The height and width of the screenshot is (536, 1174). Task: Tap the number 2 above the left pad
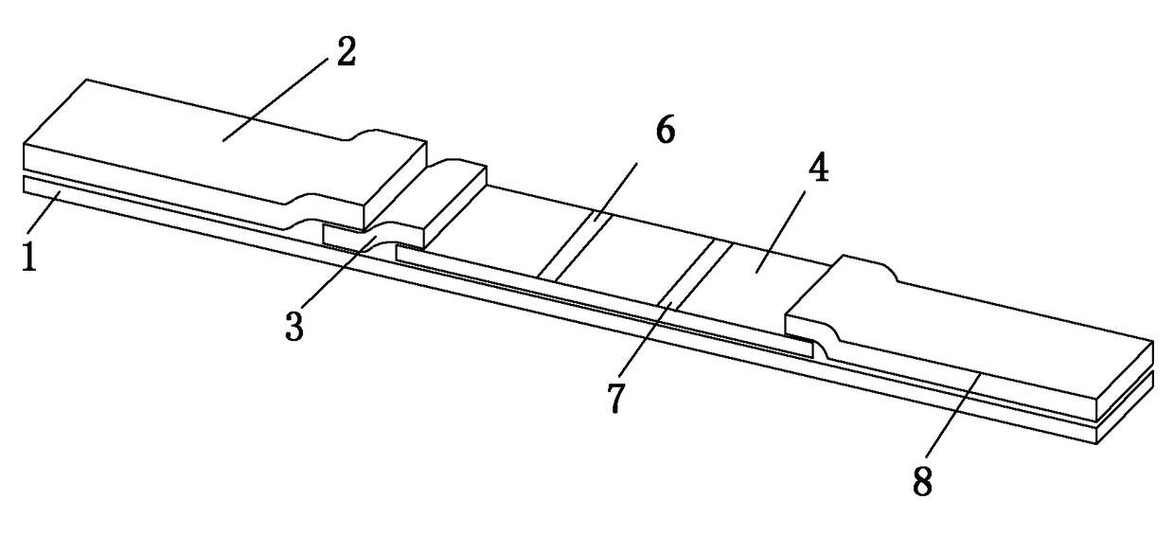346,53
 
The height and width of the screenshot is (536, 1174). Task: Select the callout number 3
295,326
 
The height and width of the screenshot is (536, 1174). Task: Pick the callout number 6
665,133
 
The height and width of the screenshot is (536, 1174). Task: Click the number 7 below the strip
616,398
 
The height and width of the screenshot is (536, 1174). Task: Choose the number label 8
922,480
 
